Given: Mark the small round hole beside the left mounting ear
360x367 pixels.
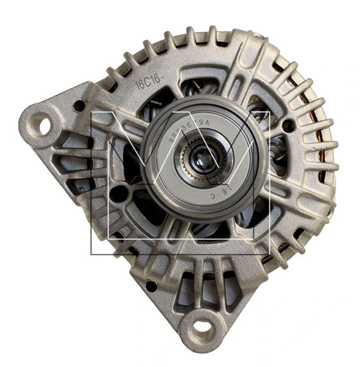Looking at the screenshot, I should (79, 105).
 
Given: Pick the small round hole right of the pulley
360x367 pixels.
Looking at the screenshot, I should (288, 126).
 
